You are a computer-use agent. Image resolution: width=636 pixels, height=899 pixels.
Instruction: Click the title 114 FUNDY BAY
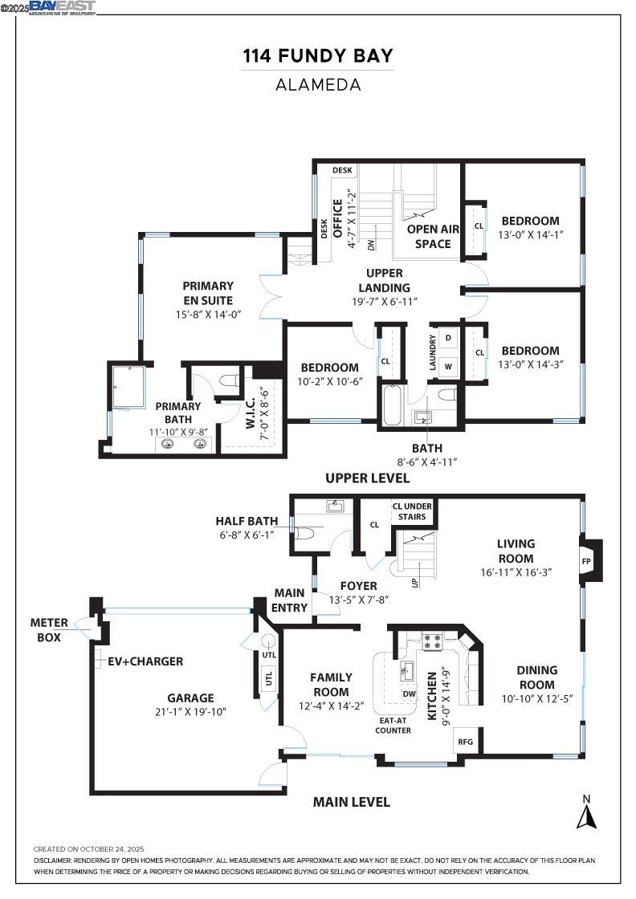click(318, 56)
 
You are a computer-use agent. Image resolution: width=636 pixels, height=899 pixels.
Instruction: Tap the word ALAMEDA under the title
click(318, 84)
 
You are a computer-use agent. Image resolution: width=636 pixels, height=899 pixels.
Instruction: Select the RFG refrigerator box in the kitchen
click(465, 742)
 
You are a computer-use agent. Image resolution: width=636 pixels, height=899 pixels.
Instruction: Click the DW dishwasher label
click(409, 694)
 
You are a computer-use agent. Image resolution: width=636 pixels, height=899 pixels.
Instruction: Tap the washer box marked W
click(448, 365)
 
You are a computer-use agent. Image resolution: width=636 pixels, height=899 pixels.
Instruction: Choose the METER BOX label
click(49, 629)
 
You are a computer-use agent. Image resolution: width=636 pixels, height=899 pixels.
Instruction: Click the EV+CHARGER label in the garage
click(145, 661)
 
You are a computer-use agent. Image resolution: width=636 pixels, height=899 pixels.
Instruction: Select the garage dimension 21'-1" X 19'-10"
click(190, 712)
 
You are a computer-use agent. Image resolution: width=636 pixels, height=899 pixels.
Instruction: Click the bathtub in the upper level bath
click(392, 405)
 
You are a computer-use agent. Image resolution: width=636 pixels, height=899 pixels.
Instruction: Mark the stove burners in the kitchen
click(433, 641)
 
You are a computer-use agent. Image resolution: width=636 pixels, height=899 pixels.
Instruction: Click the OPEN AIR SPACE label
click(433, 236)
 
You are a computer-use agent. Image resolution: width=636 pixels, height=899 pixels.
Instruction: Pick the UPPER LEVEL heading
click(367, 478)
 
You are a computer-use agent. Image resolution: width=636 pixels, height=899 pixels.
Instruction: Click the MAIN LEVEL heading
click(352, 802)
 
